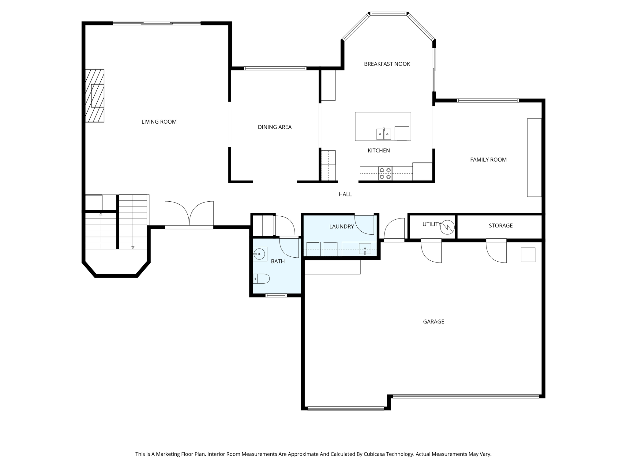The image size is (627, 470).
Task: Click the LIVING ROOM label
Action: click(x=159, y=122)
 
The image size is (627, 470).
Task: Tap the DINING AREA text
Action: click(x=275, y=127)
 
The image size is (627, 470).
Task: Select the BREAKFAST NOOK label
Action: click(x=387, y=64)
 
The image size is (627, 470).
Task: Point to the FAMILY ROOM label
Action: click(x=488, y=159)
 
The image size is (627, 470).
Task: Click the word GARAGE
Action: click(x=434, y=322)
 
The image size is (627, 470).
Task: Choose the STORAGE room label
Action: click(x=501, y=226)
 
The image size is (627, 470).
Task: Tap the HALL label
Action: click(x=345, y=194)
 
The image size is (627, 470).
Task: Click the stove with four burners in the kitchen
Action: click(x=385, y=173)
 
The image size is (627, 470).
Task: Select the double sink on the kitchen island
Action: click(x=384, y=134)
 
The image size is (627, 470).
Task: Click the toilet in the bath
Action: click(x=262, y=279)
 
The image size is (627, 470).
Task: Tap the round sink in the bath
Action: click(x=260, y=254)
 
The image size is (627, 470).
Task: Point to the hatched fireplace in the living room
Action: click(x=95, y=96)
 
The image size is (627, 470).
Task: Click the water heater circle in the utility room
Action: click(x=447, y=227)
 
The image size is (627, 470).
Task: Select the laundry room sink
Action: click(x=365, y=249)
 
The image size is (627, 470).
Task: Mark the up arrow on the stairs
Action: click(x=101, y=214)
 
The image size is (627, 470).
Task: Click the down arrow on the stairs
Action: click(x=133, y=247)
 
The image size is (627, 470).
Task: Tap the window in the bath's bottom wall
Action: click(x=276, y=296)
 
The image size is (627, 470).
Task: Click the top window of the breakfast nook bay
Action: click(x=389, y=14)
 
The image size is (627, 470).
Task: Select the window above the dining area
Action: click(x=275, y=69)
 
